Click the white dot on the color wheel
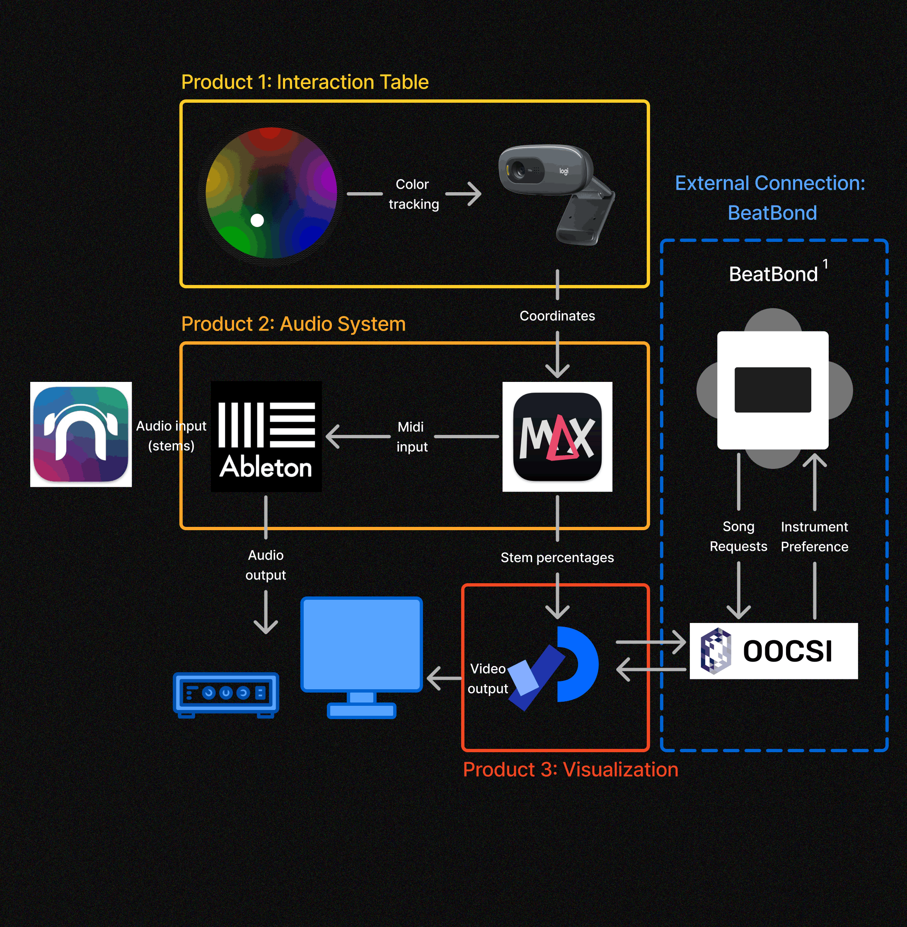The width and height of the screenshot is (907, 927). pyautogui.click(x=257, y=220)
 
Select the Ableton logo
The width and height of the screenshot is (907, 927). pyautogui.click(x=266, y=436)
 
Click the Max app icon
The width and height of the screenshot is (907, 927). pyautogui.click(x=557, y=436)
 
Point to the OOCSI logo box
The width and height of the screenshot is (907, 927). pyautogui.click(x=774, y=651)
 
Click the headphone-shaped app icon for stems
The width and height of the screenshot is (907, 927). pyautogui.click(x=81, y=434)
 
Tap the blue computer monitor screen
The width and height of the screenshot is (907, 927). pyautogui.click(x=362, y=644)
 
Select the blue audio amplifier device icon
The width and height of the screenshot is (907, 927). pyautogui.click(x=226, y=694)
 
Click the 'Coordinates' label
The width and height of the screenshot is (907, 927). pyautogui.click(x=557, y=316)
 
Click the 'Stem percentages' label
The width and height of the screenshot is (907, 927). pyautogui.click(x=557, y=558)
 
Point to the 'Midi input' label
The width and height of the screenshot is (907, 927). pyautogui.click(x=411, y=437)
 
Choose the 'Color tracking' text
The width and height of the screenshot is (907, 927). pyautogui.click(x=413, y=194)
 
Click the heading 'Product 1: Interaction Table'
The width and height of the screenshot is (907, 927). pyautogui.click(x=305, y=82)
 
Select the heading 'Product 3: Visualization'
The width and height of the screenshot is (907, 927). pyautogui.click(x=570, y=770)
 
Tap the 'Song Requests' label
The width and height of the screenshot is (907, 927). pyautogui.click(x=738, y=536)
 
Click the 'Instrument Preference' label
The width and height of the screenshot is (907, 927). pyautogui.click(x=815, y=536)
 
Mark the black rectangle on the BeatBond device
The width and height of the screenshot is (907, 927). pyautogui.click(x=773, y=389)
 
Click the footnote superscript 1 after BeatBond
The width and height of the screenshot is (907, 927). pyautogui.click(x=825, y=264)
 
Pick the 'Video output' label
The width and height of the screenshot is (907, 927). pyautogui.click(x=488, y=678)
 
